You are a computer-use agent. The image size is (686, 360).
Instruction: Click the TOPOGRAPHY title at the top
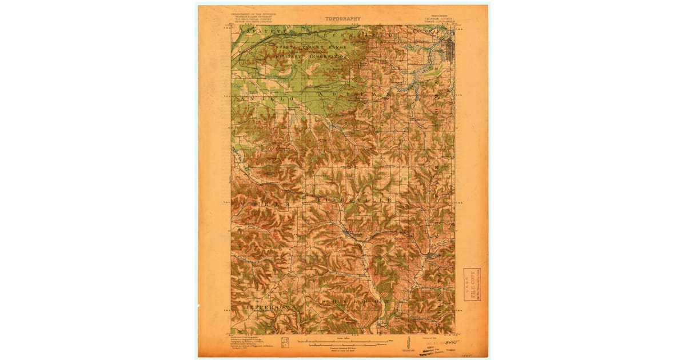click(343, 19)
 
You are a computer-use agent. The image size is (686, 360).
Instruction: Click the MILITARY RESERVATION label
click(312, 57)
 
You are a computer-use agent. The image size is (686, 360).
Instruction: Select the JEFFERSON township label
click(269, 307)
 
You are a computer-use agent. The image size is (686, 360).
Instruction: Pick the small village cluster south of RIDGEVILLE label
click(349, 233)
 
